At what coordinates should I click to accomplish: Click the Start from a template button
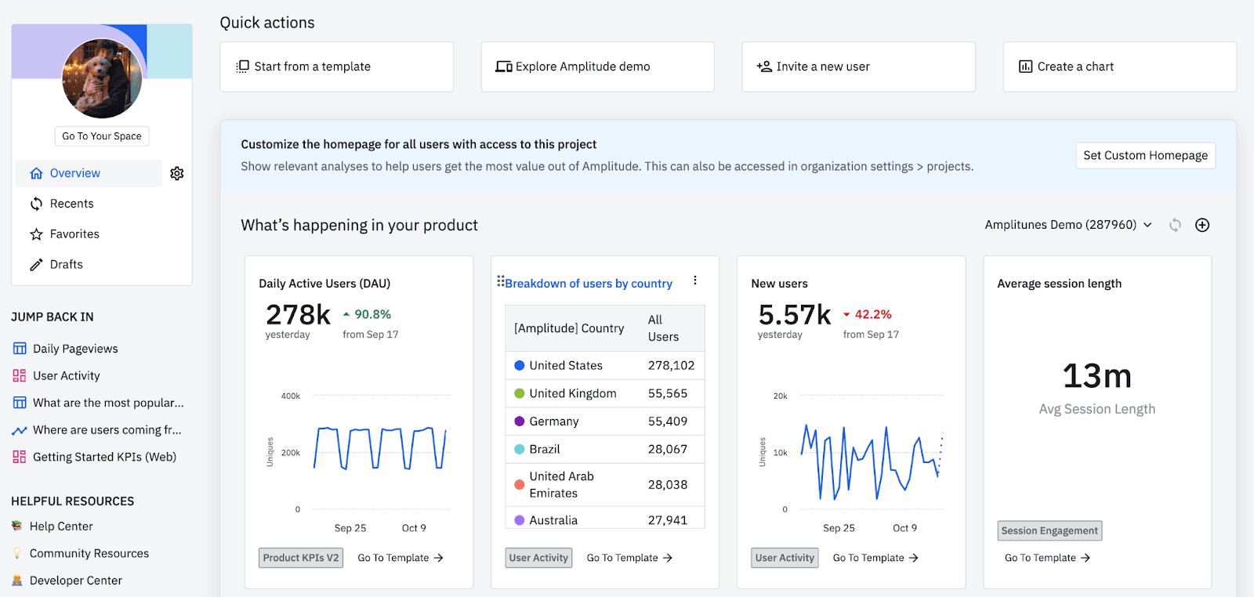[x=336, y=67]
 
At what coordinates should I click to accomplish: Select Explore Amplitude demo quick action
[x=597, y=67]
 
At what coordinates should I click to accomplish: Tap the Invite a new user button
[x=858, y=67]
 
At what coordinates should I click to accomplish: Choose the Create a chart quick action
[x=1119, y=67]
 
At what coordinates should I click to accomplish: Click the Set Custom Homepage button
[x=1145, y=155]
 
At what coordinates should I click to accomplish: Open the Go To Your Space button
[x=102, y=136]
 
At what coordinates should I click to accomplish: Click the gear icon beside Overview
[x=177, y=173]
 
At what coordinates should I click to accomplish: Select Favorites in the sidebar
[x=74, y=234]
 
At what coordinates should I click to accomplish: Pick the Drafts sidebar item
[x=66, y=265]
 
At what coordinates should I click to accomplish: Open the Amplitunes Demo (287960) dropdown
[x=1068, y=225]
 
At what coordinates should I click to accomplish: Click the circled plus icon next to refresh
[x=1202, y=226]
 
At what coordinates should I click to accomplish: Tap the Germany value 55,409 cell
[x=668, y=422]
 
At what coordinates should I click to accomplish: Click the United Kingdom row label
[x=572, y=393]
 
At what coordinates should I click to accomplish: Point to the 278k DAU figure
[x=298, y=315]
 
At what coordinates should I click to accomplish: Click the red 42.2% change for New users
[x=872, y=314]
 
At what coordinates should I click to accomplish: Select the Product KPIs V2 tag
[x=301, y=558]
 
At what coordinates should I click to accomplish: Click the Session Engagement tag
[x=1049, y=530]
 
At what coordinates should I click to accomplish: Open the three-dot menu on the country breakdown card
[x=694, y=280]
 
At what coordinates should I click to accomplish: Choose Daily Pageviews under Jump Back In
[x=75, y=349]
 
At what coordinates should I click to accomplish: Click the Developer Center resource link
[x=75, y=581]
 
